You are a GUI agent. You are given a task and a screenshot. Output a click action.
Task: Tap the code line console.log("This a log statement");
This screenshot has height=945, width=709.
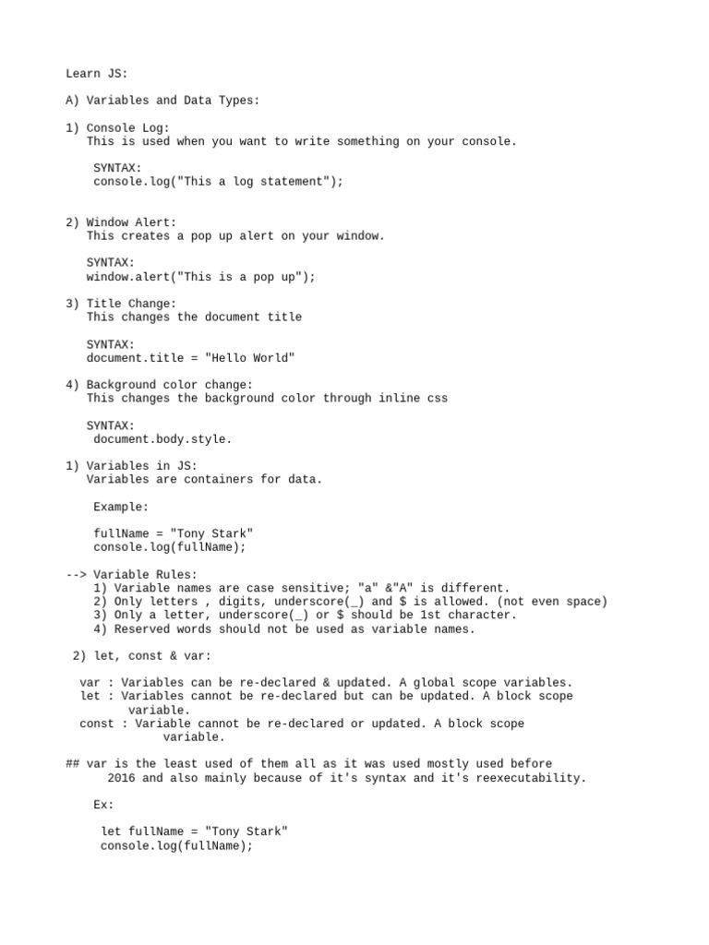(x=218, y=182)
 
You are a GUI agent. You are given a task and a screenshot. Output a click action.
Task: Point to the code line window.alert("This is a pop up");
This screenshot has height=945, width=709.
(x=200, y=277)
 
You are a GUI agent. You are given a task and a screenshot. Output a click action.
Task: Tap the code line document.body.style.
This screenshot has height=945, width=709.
(x=162, y=439)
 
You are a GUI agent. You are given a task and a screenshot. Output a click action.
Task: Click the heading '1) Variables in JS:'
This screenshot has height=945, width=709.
(x=131, y=466)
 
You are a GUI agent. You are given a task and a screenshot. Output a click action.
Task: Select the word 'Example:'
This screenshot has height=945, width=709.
(x=121, y=507)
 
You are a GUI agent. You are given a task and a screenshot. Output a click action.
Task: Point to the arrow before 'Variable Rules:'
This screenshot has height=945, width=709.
(x=76, y=574)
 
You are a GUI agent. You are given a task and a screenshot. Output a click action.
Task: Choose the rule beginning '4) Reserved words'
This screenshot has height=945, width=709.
(x=284, y=629)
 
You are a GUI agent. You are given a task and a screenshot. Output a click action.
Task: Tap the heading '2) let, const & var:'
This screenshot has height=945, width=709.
(x=141, y=656)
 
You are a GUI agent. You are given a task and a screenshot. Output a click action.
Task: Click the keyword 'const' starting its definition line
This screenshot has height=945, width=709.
(x=97, y=724)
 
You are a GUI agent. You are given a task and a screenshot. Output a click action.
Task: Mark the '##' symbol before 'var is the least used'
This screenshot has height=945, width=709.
(x=73, y=764)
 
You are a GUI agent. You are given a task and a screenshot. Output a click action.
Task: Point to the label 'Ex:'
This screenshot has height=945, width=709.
(x=103, y=805)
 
